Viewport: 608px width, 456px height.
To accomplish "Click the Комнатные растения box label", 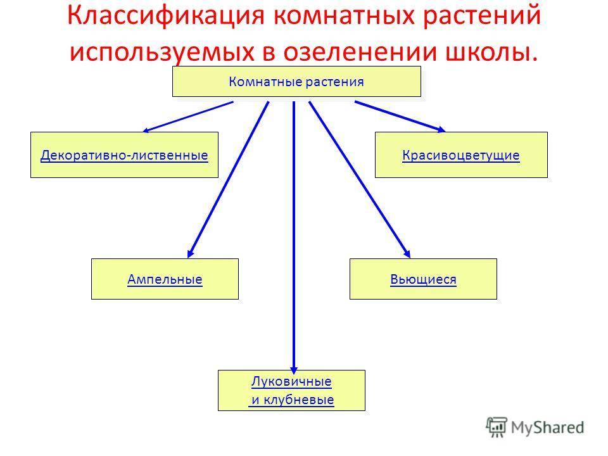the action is tap(296, 82).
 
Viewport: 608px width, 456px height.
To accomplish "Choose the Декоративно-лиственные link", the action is tap(124, 155).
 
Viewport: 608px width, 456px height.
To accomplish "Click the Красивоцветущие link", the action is tap(461, 155).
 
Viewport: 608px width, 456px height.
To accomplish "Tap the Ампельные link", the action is tap(165, 279).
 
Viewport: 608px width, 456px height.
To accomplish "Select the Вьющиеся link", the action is tap(424, 279).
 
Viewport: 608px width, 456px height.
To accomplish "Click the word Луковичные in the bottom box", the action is tap(291, 381).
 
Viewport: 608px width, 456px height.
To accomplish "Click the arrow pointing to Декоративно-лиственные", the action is tap(188, 117).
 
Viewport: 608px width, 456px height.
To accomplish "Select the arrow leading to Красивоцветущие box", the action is tap(400, 117).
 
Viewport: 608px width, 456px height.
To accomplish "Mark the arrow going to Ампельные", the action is tap(228, 179).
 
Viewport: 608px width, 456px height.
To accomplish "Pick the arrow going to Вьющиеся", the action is tap(360, 179).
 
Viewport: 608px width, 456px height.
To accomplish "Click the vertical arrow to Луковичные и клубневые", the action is tap(294, 237).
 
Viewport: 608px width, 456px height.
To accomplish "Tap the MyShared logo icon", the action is tap(497, 427).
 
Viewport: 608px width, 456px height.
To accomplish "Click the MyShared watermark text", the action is tap(547, 427).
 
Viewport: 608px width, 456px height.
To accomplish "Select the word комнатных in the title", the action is tap(343, 16).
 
